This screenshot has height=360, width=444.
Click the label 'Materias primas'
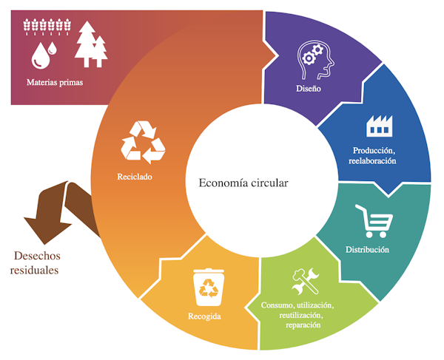click(55, 82)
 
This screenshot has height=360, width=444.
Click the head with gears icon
click(316, 61)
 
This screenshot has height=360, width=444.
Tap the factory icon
click(378, 127)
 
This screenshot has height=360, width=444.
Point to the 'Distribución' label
click(367, 250)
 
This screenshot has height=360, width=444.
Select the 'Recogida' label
click(204, 317)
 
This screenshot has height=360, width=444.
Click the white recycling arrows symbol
click(142, 142)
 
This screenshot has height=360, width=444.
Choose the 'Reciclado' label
click(134, 177)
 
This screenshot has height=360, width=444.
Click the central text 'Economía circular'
click(243, 182)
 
